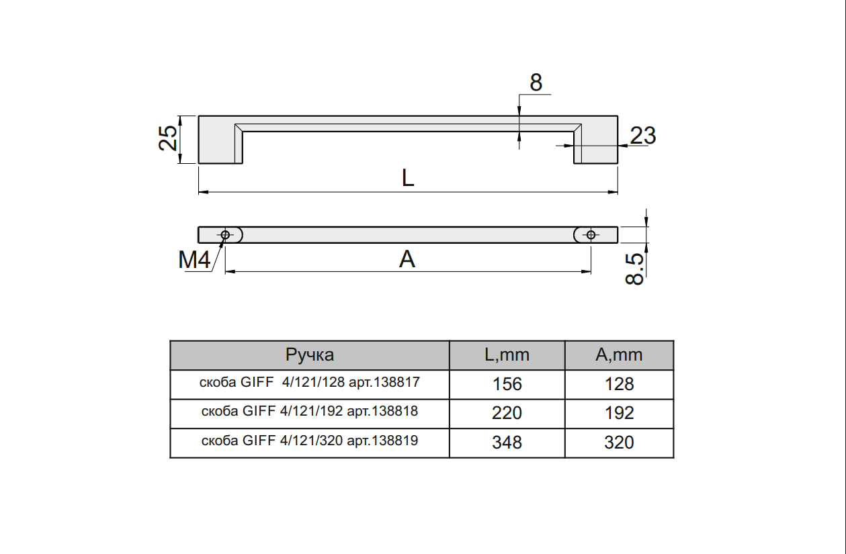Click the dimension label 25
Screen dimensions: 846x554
click(x=168, y=138)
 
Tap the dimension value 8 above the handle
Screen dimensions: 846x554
click(x=536, y=83)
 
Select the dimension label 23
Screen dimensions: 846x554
click(x=643, y=135)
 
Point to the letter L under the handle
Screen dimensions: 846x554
click(x=408, y=177)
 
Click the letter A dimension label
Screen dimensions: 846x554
click(x=407, y=259)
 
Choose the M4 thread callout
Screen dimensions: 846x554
click(x=194, y=260)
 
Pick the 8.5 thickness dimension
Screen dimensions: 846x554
click(x=634, y=269)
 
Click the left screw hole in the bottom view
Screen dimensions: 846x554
click(x=225, y=235)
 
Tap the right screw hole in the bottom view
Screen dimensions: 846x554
click(x=591, y=235)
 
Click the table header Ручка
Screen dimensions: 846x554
click(x=310, y=355)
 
